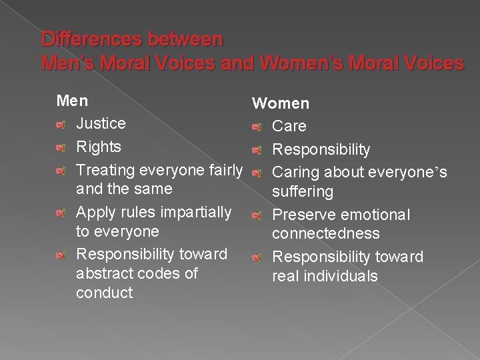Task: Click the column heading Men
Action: point(73,101)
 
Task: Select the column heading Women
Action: point(280,103)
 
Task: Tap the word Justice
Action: point(101,123)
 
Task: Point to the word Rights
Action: point(99,147)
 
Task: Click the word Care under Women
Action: point(289,126)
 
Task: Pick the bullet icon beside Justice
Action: point(61,124)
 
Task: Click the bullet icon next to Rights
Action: point(61,147)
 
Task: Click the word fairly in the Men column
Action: point(225,170)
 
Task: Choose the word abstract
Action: point(105,273)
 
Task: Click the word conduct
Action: point(105,293)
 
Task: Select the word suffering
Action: point(302,192)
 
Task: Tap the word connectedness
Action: point(325,234)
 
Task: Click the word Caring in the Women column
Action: point(295,173)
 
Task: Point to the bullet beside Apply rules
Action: point(61,213)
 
